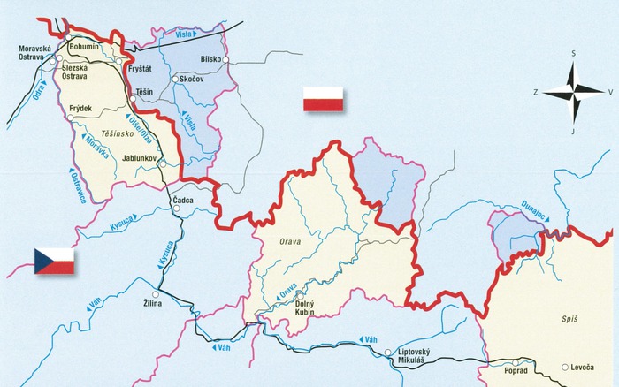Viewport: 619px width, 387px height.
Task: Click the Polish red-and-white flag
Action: pos(323,99)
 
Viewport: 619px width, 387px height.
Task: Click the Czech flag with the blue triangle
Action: pos(53,261)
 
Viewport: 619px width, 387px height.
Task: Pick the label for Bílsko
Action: pos(210,58)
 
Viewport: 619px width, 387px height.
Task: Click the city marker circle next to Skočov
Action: pos(175,80)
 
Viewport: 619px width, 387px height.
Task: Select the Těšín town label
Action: pos(145,92)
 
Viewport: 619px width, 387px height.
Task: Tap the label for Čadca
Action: pos(182,200)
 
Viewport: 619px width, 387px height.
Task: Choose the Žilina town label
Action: pos(156,304)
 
